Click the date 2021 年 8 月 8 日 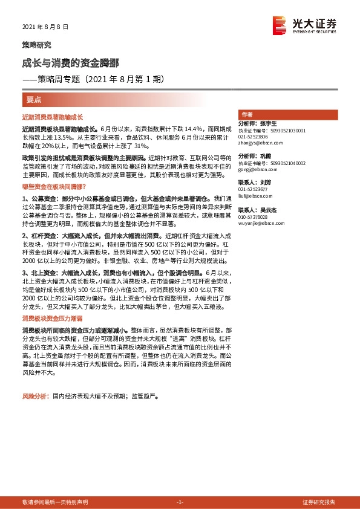(45, 27)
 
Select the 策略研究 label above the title (36, 45)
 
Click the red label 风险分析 (34, 397)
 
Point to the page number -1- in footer (179, 502)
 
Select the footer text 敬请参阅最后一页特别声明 (54, 502)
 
